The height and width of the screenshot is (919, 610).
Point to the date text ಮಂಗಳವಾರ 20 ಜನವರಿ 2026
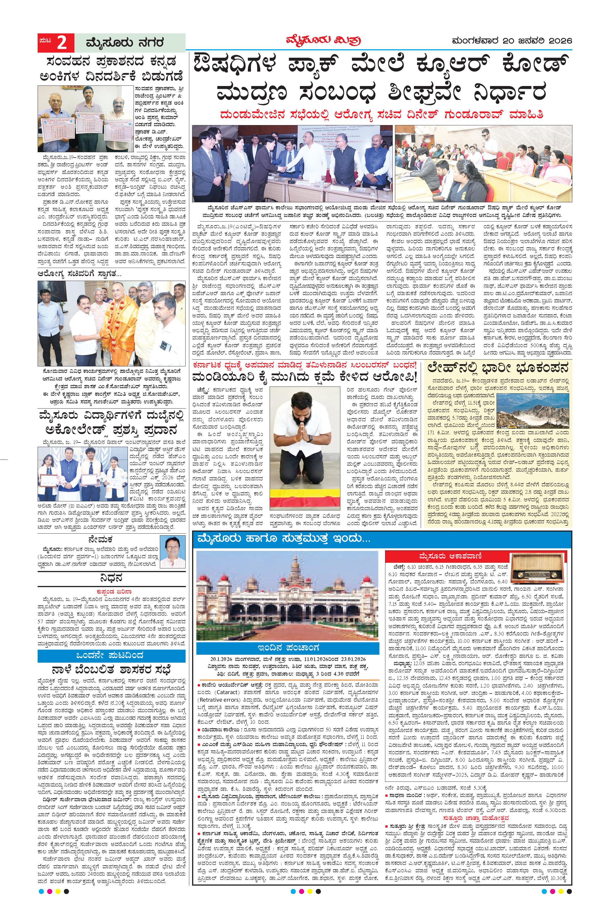(512, 40)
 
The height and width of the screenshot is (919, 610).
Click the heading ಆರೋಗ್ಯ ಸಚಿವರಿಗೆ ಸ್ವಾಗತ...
(80, 274)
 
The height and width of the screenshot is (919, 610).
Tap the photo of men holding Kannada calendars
(85, 118)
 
